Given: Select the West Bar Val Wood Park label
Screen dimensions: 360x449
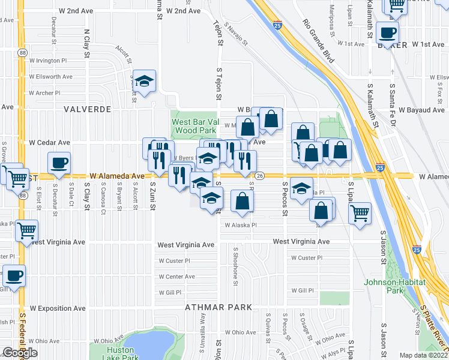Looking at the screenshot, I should tap(194, 125).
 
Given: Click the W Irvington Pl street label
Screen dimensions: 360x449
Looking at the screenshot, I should tap(47, 61).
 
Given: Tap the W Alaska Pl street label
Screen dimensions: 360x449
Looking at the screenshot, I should tap(240, 226).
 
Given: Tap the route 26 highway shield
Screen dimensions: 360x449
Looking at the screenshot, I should tap(259, 176).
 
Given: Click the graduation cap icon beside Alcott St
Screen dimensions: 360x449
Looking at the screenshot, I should tap(144, 82).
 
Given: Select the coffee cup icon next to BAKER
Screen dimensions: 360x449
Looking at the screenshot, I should tap(387, 32).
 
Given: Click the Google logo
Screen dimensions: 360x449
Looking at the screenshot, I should tap(20, 353).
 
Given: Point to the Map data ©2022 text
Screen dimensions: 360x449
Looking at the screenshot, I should tap(423, 355).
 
